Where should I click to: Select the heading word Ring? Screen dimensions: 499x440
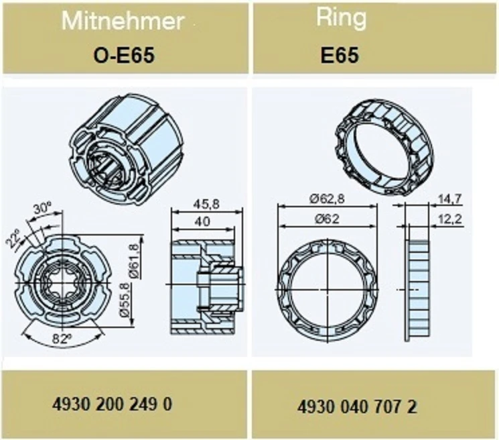click(341, 18)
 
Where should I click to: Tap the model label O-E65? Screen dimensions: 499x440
click(124, 56)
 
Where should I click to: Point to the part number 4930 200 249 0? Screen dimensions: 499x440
click(112, 404)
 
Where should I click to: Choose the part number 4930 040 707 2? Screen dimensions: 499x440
click(357, 407)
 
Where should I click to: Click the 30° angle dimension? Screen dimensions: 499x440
click(42, 209)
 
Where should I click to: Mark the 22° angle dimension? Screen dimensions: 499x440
click(13, 237)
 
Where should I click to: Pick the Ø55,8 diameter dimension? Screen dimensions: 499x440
click(125, 300)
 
